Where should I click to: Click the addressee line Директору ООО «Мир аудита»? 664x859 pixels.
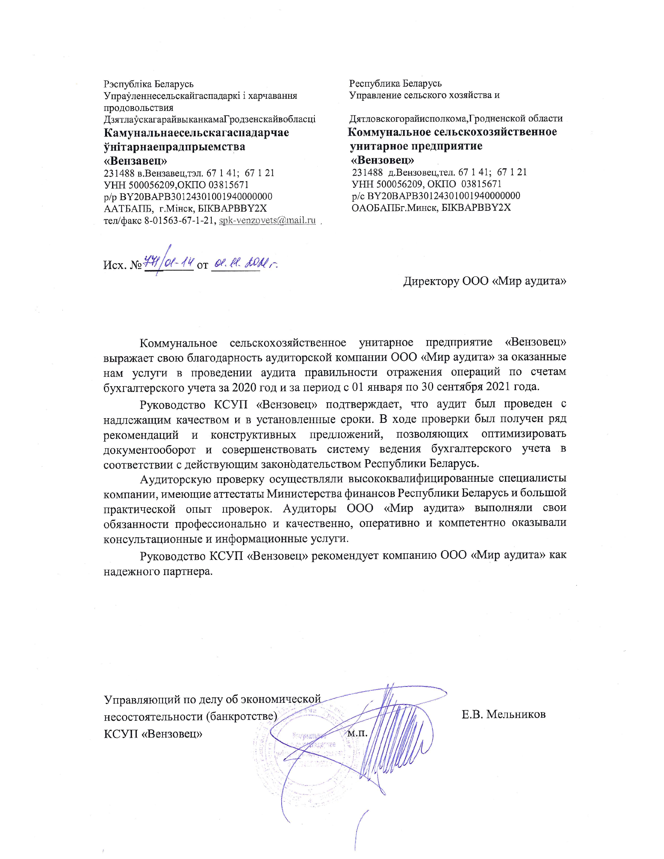coord(485,281)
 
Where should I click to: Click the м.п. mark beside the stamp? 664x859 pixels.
coord(357,733)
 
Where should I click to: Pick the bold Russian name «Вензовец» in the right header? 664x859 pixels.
coord(382,160)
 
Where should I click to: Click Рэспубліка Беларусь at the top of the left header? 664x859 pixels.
coord(149,84)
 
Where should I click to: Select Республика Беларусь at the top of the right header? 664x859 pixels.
coord(395,84)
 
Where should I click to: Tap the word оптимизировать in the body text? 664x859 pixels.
coord(523,434)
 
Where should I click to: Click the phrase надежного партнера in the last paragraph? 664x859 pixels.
coord(158,572)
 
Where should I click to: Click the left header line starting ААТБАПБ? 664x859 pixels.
coord(185,208)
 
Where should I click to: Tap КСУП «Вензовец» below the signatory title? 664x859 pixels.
coord(153,734)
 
